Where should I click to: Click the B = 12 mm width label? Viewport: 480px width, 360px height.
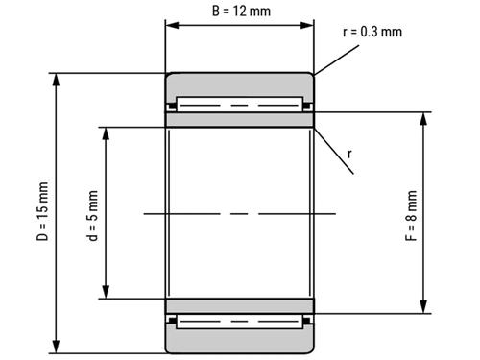point(241,12)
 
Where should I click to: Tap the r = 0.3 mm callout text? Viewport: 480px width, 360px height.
point(372,32)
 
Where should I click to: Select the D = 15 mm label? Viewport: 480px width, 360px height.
point(43,211)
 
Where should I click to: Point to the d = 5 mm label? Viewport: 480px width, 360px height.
point(92,215)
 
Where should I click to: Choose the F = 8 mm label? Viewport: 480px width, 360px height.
point(411,215)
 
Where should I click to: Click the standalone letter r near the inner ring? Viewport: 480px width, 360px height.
point(349,154)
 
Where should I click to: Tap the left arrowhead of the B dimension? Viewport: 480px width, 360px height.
point(172,25)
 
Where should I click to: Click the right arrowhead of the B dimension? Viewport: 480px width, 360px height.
point(307,25)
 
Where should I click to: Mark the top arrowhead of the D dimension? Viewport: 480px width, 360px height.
point(56,80)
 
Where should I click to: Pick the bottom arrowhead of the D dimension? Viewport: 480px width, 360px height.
point(56,347)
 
